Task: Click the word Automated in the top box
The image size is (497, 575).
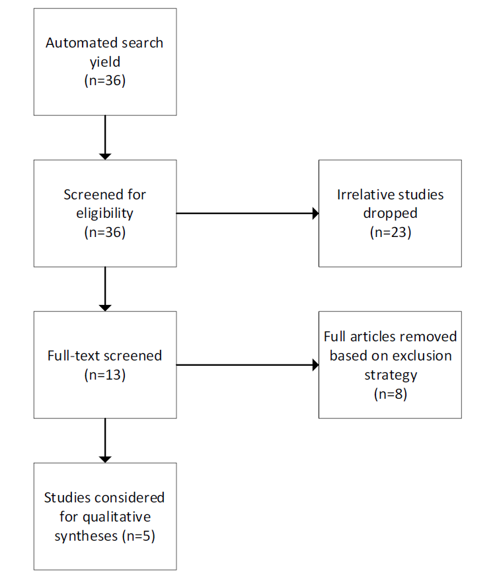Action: [77, 43]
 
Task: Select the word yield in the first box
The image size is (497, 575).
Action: [105, 62]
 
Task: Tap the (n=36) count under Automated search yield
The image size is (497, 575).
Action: [105, 81]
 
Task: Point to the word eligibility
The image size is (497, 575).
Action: [104, 214]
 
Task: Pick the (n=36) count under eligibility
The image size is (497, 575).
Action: [105, 232]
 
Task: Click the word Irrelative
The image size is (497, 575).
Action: [362, 195]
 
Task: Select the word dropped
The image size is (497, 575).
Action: [390, 214]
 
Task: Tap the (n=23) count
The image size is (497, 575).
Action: [391, 232]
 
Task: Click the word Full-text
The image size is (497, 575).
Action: [73, 356]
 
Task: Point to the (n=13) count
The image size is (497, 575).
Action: [105, 375]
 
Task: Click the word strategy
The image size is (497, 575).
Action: [391, 375]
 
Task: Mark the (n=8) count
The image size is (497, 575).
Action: [391, 394]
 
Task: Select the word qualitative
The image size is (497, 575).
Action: [116, 517]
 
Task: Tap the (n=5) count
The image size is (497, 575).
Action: [139, 536]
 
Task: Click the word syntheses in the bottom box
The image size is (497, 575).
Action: [86, 537]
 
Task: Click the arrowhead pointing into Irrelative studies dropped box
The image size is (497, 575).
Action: [316, 213]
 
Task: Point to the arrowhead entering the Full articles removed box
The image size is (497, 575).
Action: [316, 365]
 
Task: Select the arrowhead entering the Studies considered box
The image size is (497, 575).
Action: [105, 459]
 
